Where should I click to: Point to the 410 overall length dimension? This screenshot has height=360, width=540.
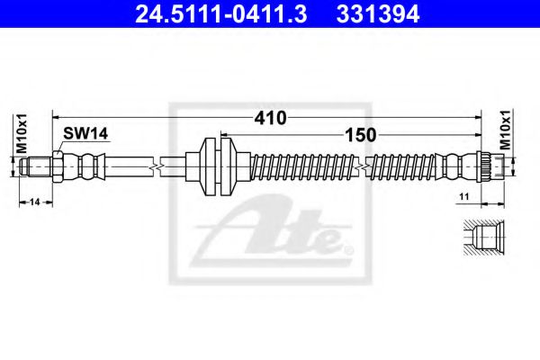click(269, 118)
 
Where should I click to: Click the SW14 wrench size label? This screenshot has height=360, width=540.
click(85, 133)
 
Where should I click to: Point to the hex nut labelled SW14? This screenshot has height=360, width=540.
click(57, 166)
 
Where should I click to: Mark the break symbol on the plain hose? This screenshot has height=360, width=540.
click(158, 166)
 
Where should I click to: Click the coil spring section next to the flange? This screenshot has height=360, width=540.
click(297, 166)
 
